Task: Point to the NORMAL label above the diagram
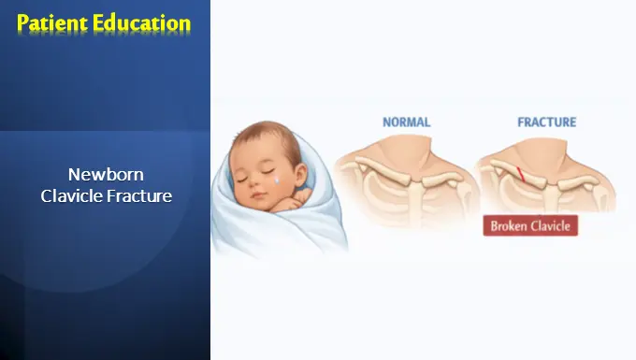(407, 122)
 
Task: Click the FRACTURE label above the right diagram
(546, 122)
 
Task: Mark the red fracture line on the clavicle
(520, 171)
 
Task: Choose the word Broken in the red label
(509, 225)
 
